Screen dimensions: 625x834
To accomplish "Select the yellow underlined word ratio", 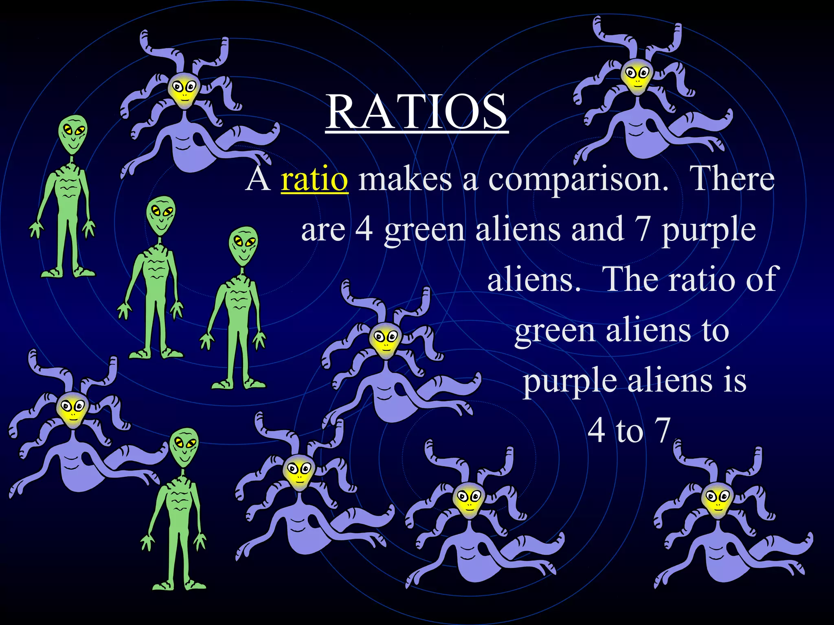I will [314, 179].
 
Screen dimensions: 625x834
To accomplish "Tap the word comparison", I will [578, 179].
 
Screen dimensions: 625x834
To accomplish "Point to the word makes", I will [405, 179].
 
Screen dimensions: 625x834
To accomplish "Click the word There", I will [733, 179].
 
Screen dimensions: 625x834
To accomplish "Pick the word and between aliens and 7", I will [597, 229].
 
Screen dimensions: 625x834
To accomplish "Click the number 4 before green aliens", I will [364, 229].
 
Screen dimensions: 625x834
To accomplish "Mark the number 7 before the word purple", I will [642, 229].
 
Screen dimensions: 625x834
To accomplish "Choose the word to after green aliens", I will [715, 330].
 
